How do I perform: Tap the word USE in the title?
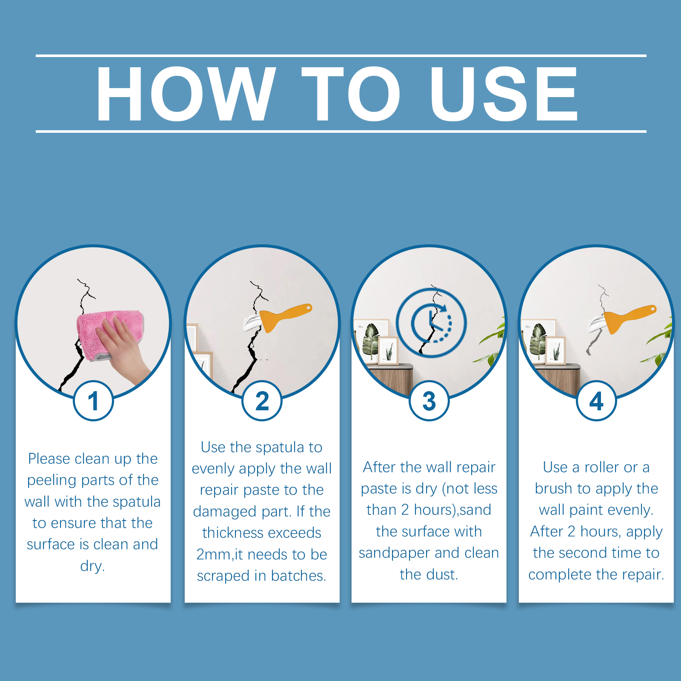pyautogui.click(x=504, y=94)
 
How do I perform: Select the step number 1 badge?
pyautogui.click(x=93, y=401)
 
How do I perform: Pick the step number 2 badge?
pyautogui.click(x=262, y=401)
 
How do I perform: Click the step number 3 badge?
pyautogui.click(x=429, y=401)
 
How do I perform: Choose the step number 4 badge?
pyautogui.click(x=596, y=401)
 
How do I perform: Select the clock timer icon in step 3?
pyautogui.click(x=431, y=323)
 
